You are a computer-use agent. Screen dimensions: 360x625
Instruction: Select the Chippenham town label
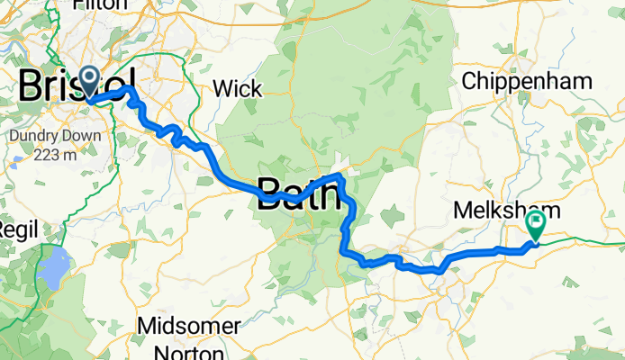pyautogui.click(x=527, y=81)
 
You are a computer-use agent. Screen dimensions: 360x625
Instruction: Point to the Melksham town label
pyautogui.click(x=504, y=211)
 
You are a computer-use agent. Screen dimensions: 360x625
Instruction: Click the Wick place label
pyautogui.click(x=238, y=88)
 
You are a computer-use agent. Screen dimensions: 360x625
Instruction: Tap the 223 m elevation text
pyautogui.click(x=61, y=153)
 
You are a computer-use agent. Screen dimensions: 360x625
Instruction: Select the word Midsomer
pyautogui.click(x=190, y=325)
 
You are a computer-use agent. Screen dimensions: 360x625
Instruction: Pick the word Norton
pyautogui.click(x=190, y=347)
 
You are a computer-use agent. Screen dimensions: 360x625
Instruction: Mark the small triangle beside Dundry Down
pyautogui.click(x=19, y=164)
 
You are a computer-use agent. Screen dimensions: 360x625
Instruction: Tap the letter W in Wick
pyautogui.click(x=222, y=88)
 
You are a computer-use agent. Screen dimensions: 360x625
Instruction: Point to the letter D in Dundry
pyautogui.click(x=14, y=137)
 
